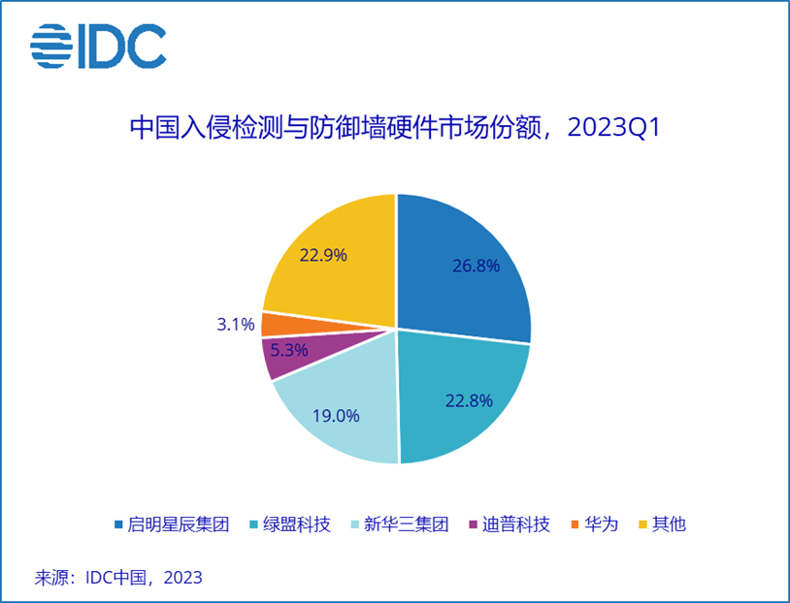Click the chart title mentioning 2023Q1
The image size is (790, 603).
[395, 128]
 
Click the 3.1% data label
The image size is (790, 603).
[236, 324]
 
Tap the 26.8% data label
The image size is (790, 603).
[476, 266]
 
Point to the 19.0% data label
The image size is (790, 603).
[336, 416]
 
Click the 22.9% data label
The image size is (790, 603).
[323, 255]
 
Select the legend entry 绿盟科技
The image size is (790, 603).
[296, 524]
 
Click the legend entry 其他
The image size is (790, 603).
[668, 524]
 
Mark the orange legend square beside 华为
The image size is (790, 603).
[576, 525]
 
